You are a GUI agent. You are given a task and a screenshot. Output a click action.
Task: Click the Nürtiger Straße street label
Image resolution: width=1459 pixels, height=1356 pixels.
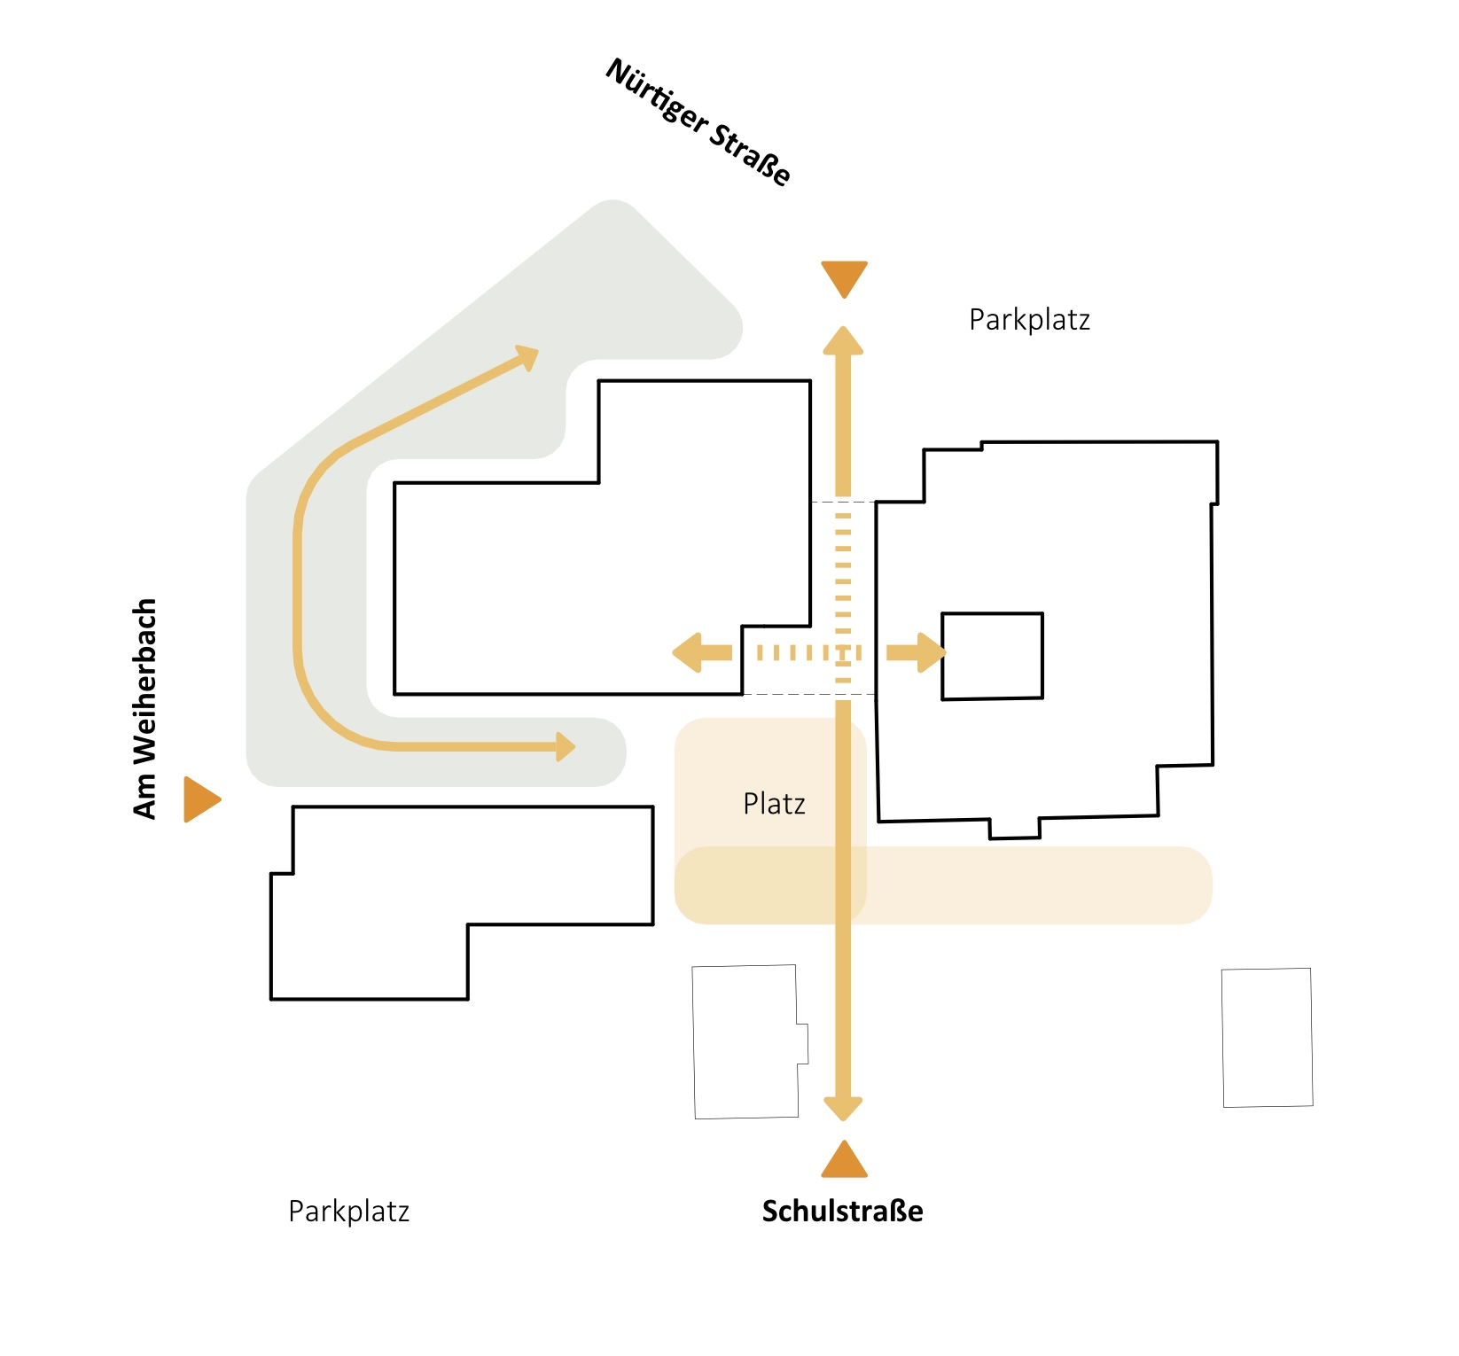[x=698, y=122]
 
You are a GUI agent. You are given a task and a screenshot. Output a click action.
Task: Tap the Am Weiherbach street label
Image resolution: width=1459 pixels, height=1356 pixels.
[x=144, y=708]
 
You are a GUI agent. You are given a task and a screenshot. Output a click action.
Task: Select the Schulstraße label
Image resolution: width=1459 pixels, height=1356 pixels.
[x=843, y=1211]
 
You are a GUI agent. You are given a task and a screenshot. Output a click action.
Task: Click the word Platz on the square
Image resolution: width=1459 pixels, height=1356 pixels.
[x=774, y=803]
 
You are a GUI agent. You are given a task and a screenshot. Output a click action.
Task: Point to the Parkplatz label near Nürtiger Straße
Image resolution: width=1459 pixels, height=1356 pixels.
[x=1029, y=320]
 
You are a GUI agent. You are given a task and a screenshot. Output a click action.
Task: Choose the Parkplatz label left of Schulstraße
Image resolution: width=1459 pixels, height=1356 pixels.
[x=349, y=1212]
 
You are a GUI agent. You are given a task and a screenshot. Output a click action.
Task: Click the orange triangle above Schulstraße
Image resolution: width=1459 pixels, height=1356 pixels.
[x=844, y=1159]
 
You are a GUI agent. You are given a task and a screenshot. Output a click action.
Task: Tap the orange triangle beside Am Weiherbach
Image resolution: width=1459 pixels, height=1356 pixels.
[x=201, y=799]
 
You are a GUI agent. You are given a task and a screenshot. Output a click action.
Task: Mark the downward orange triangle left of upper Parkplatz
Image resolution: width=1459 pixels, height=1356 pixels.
[x=844, y=279]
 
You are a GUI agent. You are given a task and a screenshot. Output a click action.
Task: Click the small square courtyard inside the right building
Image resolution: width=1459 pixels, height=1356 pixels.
[x=992, y=656]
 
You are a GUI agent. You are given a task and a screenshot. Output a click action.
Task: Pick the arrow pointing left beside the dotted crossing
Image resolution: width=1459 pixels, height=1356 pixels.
[x=702, y=653]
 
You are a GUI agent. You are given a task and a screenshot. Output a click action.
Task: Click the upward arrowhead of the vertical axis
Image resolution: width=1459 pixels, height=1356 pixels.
[x=843, y=340]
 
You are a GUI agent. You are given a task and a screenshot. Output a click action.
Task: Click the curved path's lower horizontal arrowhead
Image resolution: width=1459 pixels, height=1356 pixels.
[x=566, y=747]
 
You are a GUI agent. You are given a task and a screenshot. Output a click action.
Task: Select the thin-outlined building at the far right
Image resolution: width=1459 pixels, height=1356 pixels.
[x=1268, y=1038]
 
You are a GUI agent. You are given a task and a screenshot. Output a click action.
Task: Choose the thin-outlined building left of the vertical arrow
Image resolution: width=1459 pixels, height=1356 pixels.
[x=750, y=1042]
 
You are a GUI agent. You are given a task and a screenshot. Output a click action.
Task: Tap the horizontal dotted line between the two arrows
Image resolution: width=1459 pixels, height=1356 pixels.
[x=809, y=653]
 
